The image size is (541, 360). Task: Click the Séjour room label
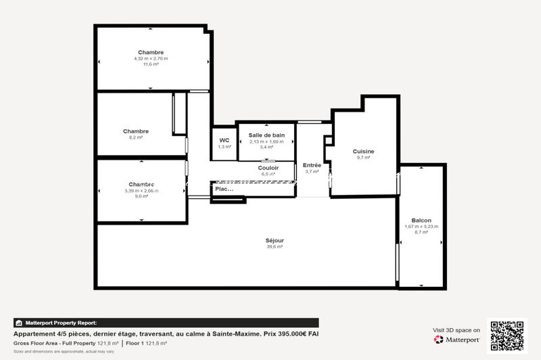[x=275, y=240]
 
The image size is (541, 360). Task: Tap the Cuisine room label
[x=363, y=151]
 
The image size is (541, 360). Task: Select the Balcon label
[x=421, y=220]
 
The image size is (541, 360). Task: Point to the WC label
[x=224, y=140]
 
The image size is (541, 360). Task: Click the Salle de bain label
[x=266, y=135]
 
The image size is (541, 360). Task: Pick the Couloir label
[x=268, y=168]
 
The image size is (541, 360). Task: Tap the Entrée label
[x=312, y=165]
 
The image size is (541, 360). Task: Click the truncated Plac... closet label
[x=224, y=189]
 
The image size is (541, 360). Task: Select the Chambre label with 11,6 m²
[x=151, y=52]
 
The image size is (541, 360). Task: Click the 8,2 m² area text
[x=136, y=137]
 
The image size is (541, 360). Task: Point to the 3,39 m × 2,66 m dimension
[x=141, y=191]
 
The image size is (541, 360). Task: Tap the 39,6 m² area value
[x=275, y=247]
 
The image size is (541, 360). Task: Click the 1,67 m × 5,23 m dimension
[x=421, y=226]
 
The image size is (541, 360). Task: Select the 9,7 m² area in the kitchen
[x=363, y=157]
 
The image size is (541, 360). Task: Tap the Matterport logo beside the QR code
[x=458, y=339]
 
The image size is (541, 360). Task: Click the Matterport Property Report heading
[x=60, y=323]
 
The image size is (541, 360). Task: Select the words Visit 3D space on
[x=456, y=330]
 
